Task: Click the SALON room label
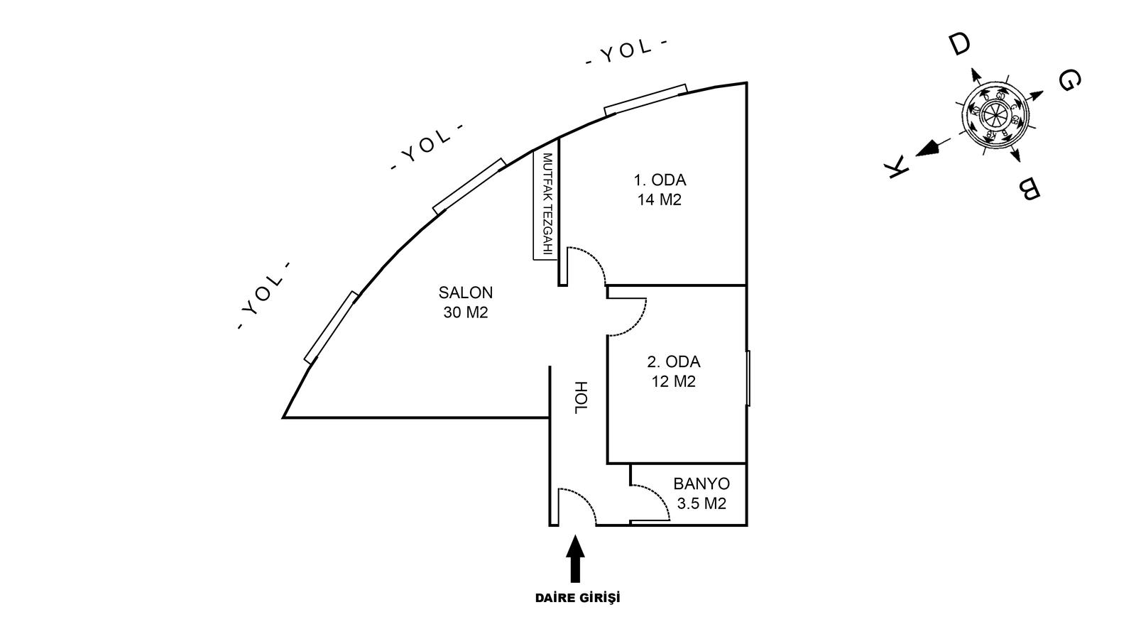tap(465, 293)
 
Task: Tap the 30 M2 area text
tap(465, 312)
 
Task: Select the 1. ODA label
tap(660, 180)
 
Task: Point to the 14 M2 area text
tap(659, 200)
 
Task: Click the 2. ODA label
tap(673, 362)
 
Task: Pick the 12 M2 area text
tap(673, 382)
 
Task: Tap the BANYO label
tap(701, 484)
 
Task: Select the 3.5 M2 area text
tap(701, 504)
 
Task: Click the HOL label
tap(581, 398)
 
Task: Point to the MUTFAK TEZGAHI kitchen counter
tap(547, 206)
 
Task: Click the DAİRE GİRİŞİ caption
tap(577, 598)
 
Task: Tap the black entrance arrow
tap(576, 559)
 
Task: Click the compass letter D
tap(959, 45)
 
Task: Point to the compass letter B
tap(1029, 190)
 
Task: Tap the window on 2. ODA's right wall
tap(748, 378)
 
